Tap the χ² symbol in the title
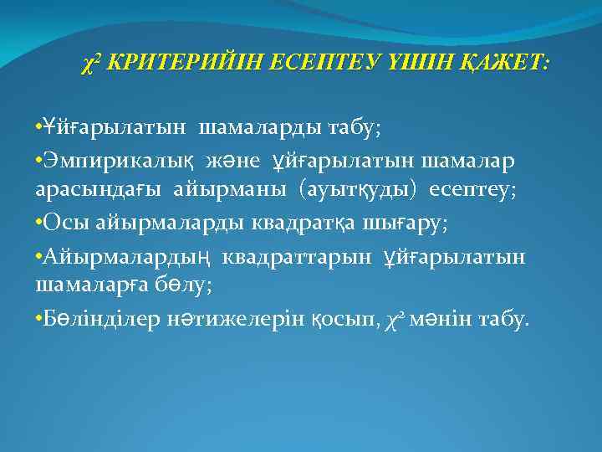[x=94, y=64]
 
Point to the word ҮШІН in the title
[x=423, y=64]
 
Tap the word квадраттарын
[x=293, y=255]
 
